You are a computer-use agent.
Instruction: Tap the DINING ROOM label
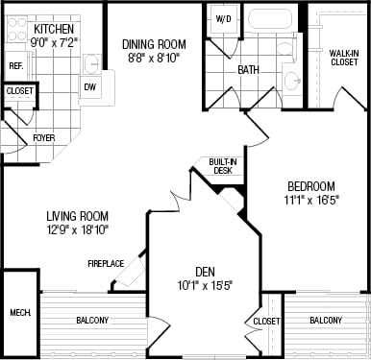pyautogui.click(x=154, y=44)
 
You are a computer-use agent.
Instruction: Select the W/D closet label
pyautogui.click(x=223, y=19)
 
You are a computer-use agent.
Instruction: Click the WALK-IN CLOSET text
pyautogui.click(x=343, y=59)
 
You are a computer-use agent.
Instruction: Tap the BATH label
pyautogui.click(x=249, y=69)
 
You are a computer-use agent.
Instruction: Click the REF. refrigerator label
pyautogui.click(x=15, y=65)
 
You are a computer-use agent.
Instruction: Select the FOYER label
pyautogui.click(x=43, y=138)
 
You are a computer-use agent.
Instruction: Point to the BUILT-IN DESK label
pyautogui.click(x=222, y=166)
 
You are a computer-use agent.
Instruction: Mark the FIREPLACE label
pyautogui.click(x=105, y=263)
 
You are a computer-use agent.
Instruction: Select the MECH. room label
pyautogui.click(x=19, y=312)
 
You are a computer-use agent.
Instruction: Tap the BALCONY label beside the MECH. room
pyautogui.click(x=92, y=320)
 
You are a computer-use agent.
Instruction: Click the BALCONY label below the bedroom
pyautogui.click(x=327, y=320)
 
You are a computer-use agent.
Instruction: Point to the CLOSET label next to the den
pyautogui.click(x=266, y=321)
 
